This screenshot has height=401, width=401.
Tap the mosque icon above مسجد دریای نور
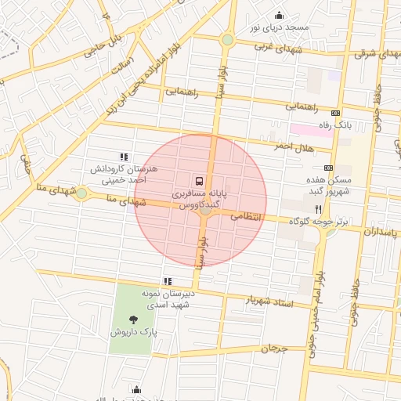tap(279, 16)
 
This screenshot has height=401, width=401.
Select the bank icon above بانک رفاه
tap(337, 113)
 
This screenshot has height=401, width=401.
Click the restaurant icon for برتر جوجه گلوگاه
tap(318, 209)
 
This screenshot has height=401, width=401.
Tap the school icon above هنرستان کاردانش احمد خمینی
tap(124, 157)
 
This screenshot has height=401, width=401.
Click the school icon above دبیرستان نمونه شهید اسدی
tap(168, 280)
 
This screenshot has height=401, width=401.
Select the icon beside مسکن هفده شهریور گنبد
tap(327, 168)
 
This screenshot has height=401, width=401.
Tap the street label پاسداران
tap(381, 232)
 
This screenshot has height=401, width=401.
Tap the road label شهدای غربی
tap(274, 46)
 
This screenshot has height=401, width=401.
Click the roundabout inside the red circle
tap(205, 209)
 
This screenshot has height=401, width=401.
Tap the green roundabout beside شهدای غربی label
tap(227, 39)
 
